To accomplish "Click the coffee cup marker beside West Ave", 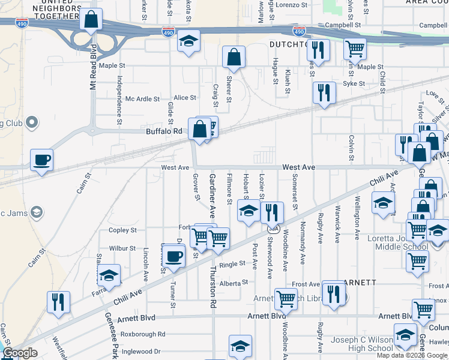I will coord(41,160).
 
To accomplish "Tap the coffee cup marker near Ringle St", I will coord(174,256).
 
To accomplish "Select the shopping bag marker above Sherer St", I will coord(234,58).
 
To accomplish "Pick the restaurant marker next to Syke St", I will coord(324,93).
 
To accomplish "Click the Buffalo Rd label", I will coord(164,131).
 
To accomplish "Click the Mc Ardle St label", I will coord(142,99).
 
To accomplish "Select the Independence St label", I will coord(119,100).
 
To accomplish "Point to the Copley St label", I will coord(123,230).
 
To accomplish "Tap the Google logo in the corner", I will coord(20,353).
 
